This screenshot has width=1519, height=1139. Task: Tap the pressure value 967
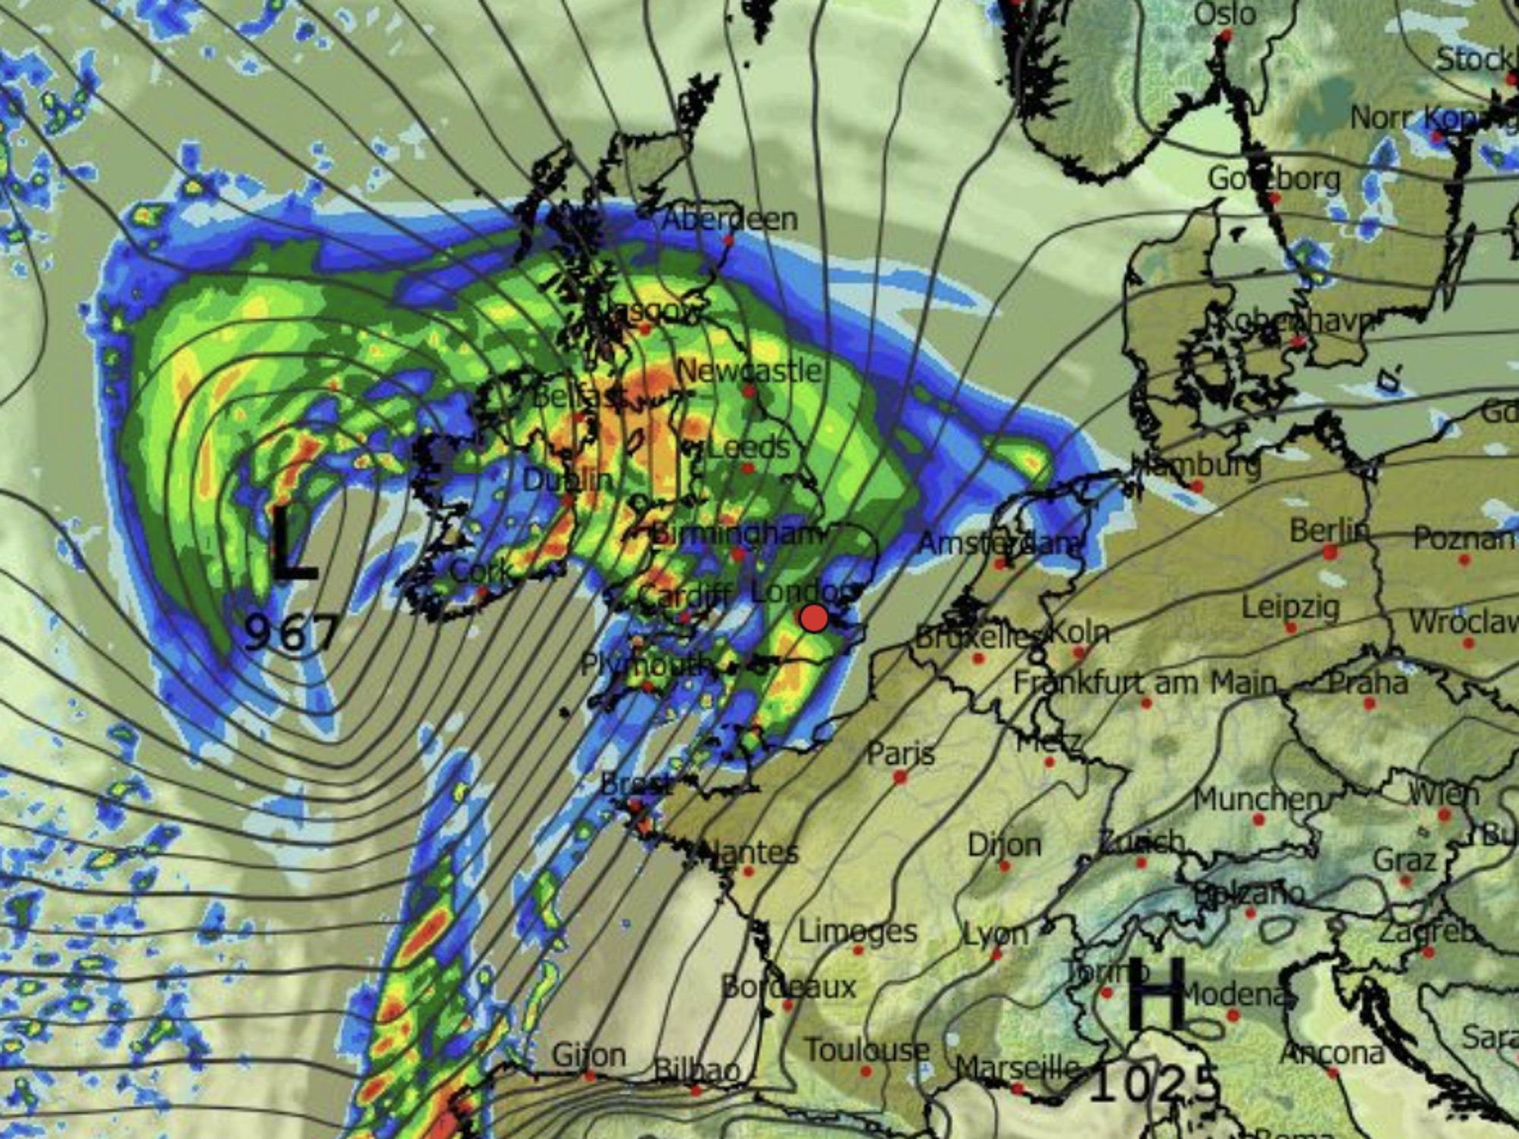click(292, 632)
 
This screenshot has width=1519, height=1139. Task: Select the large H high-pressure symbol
click(1156, 993)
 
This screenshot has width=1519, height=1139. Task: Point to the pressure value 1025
click(1154, 1084)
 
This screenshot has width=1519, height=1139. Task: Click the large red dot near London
click(813, 618)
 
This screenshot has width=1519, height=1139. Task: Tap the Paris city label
click(901, 755)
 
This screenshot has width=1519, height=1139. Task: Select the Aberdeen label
click(730, 220)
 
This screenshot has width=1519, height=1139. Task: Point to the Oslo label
click(1224, 14)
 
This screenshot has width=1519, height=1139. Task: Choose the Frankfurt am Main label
click(1145, 682)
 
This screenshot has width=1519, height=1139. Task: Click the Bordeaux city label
click(788, 987)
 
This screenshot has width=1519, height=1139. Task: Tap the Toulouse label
click(867, 1051)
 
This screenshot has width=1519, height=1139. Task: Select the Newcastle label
click(749, 371)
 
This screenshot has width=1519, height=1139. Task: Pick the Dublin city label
click(567, 480)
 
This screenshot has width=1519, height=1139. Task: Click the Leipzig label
click(1290, 608)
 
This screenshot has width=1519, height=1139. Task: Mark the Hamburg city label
click(1195, 464)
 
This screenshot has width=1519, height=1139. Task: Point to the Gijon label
click(589, 1055)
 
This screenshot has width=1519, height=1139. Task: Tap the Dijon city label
click(1003, 845)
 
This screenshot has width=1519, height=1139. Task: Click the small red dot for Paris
click(900, 777)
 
